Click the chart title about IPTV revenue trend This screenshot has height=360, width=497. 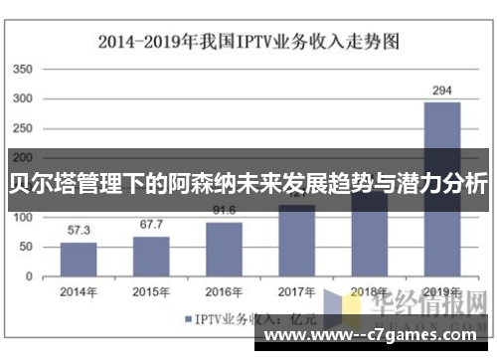[x=248, y=42]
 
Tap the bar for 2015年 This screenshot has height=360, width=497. [x=151, y=256]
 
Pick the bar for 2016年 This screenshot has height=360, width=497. [x=224, y=248]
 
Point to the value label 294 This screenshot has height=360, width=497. [x=441, y=90]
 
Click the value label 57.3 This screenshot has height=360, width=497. [x=80, y=230]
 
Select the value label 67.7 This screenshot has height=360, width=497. [x=151, y=225]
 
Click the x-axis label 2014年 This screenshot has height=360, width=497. [x=79, y=291]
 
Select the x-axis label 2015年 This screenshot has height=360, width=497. [x=151, y=291]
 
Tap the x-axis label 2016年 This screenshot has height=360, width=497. [x=224, y=291]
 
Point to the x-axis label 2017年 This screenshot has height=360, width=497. [x=296, y=291]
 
